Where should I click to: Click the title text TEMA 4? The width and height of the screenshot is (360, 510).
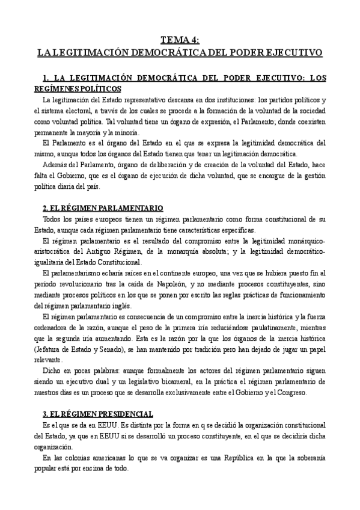pyautogui.click(x=180, y=40)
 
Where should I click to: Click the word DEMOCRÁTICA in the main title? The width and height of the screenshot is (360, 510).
pyautogui.click(x=180, y=52)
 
